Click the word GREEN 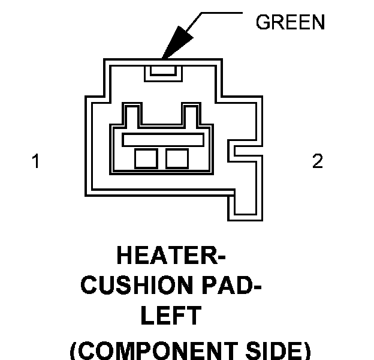(290, 22)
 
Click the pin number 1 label (36, 161)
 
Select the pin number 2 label (317, 161)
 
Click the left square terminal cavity (146, 158)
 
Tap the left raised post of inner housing (132, 113)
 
